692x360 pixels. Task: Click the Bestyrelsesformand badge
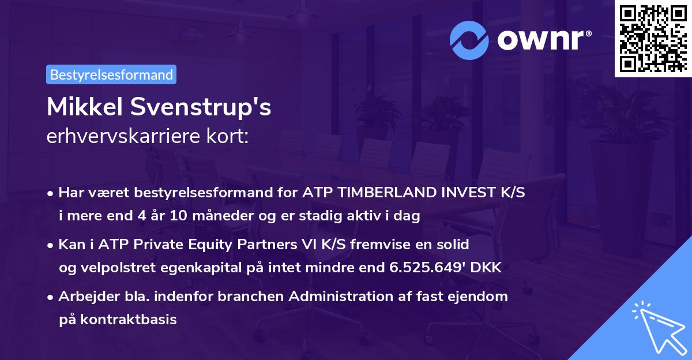(x=111, y=74)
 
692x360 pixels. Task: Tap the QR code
(x=652, y=38)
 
